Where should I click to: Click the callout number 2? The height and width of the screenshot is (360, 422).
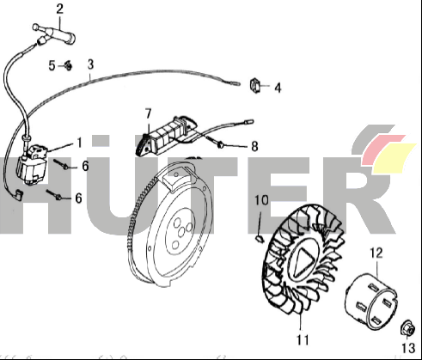[59, 9]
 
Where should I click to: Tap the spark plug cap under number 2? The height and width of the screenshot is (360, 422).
[54, 34]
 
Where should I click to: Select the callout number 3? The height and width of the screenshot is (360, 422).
[90, 64]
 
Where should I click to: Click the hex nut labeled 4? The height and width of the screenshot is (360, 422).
[255, 85]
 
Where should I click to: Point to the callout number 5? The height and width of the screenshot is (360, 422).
[52, 66]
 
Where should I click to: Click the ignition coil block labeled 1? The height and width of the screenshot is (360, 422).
[32, 165]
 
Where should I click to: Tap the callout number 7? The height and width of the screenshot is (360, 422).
[148, 114]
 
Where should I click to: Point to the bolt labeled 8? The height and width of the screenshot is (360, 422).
[215, 143]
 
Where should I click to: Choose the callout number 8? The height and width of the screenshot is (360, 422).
[254, 146]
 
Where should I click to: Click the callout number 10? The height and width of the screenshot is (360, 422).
[261, 200]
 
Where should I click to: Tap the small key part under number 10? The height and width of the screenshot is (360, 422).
[260, 238]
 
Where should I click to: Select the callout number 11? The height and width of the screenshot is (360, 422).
[303, 339]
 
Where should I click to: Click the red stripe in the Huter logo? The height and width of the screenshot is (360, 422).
[382, 149]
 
